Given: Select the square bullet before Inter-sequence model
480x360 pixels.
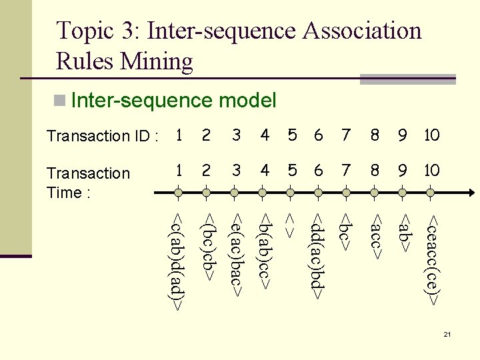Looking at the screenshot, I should [60, 101].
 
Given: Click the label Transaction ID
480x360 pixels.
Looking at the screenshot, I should [102, 137].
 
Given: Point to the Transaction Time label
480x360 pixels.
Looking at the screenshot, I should [88, 183].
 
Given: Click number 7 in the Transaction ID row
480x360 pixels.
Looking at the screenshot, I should [345, 136].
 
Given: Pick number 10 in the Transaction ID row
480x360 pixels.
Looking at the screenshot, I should [431, 136].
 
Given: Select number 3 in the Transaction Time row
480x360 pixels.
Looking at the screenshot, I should [236, 170].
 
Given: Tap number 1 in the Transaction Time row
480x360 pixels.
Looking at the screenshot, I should [178, 170].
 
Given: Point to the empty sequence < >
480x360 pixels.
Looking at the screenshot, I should [291, 225].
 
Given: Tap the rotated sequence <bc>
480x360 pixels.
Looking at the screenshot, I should [345, 231].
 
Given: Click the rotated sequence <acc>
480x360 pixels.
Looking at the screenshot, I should [375, 236].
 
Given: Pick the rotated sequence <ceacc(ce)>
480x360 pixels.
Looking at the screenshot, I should [433, 260].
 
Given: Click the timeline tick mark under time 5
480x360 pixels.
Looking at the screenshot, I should [291, 193].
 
